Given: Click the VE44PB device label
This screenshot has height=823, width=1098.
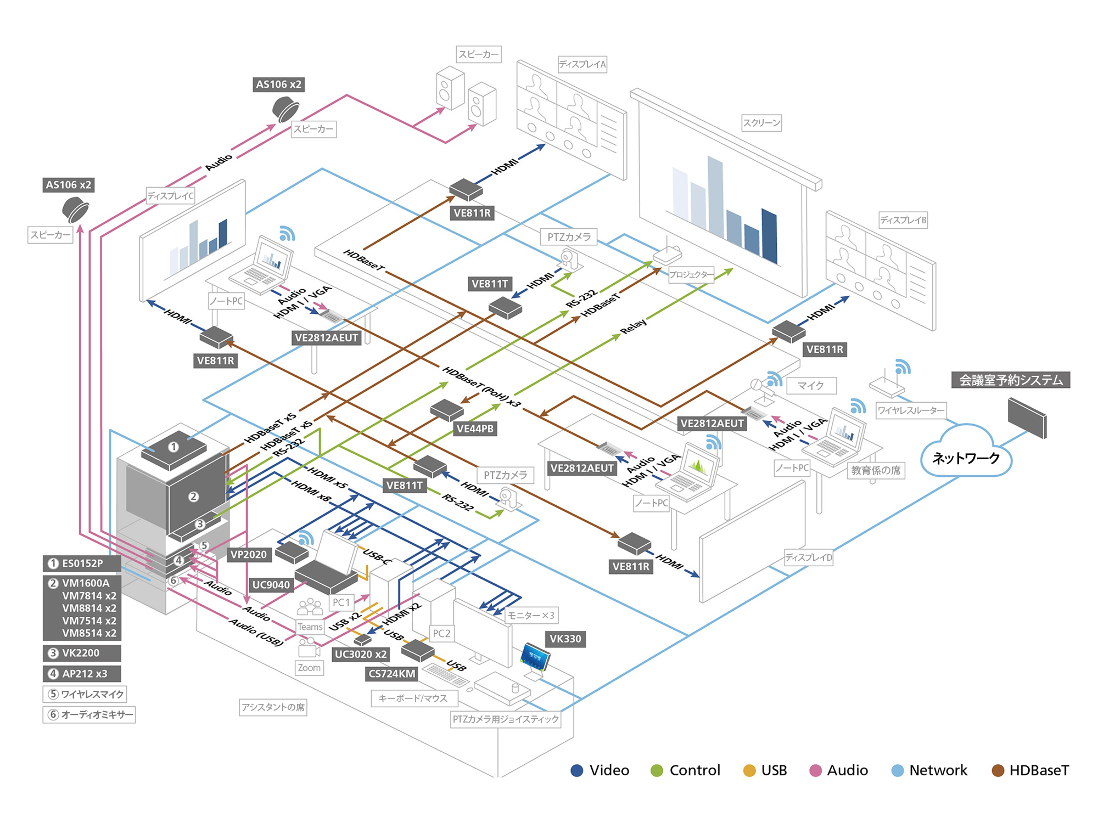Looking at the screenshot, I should [x=475, y=429].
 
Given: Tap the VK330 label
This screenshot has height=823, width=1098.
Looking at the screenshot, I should [x=565, y=639].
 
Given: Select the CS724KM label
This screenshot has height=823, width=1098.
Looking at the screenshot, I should [x=392, y=674].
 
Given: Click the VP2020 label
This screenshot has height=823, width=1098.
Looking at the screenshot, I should [x=248, y=554].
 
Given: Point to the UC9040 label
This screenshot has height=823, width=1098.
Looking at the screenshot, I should [x=271, y=584].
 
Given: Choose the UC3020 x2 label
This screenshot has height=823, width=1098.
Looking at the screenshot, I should [x=361, y=654].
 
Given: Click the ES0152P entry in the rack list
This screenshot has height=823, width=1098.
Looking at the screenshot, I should [x=82, y=563].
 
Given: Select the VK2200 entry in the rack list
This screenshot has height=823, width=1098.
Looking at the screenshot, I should [x=82, y=653].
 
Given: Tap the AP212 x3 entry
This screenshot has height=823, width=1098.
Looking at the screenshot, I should [x=82, y=674].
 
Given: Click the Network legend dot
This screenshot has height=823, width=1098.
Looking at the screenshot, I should [x=898, y=771].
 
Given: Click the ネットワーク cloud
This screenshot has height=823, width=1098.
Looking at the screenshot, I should [x=966, y=456].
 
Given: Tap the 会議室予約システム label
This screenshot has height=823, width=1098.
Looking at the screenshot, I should [x=1010, y=380].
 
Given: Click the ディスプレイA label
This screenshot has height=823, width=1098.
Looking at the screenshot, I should [x=582, y=64].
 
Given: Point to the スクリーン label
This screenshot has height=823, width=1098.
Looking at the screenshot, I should [x=761, y=123].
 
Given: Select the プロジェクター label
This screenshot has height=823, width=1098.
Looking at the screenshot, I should [x=691, y=274].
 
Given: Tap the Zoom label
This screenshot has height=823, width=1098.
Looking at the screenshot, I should [x=309, y=668].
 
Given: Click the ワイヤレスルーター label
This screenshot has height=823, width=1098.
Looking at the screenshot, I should [x=911, y=410].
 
